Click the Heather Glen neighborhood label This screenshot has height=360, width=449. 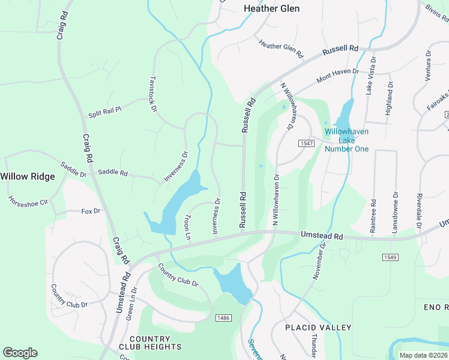(271, 8)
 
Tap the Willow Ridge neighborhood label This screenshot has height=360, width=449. (28, 176)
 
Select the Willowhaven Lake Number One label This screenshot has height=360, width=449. (346, 140)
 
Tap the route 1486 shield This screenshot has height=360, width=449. (223, 317)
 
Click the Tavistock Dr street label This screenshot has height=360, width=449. (153, 94)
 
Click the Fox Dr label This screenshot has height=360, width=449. (90, 211)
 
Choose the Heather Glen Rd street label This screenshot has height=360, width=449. (280, 47)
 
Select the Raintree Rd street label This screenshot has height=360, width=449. (373, 216)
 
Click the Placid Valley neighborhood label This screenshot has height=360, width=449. (318, 328)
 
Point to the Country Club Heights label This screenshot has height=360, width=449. (154, 343)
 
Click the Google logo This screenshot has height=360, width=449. (20, 353)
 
